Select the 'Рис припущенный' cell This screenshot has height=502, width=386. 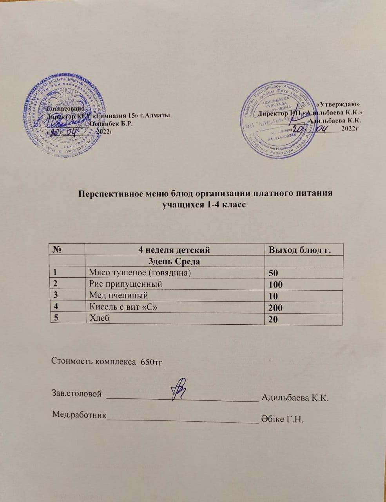coord(125,284)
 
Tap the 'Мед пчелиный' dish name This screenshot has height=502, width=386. coord(119,295)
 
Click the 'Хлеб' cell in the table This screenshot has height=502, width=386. coord(99,318)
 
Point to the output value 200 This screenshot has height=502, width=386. coord(275,309)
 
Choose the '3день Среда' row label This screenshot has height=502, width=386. coord(174,261)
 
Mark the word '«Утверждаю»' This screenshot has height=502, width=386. coord(338,104)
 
